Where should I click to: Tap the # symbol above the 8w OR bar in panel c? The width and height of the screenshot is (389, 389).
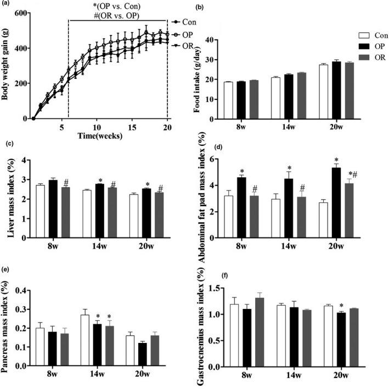65,182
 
